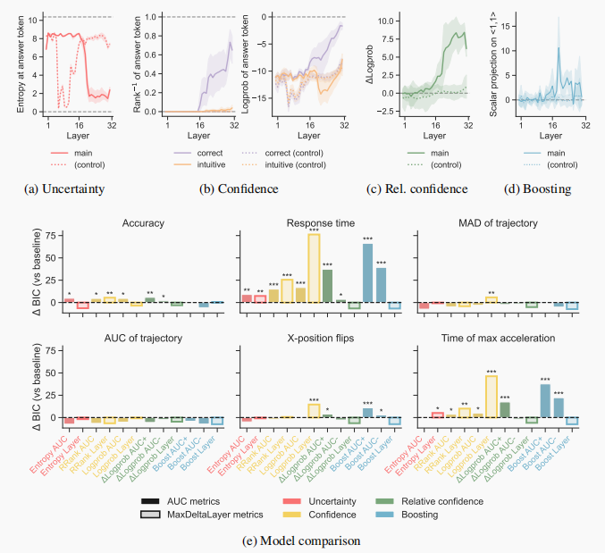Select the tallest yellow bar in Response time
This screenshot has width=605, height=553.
tap(314, 268)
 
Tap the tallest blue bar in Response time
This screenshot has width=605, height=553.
tap(367, 272)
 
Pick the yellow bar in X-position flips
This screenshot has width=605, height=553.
tap(314, 410)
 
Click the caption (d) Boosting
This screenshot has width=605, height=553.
tap(539, 189)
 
